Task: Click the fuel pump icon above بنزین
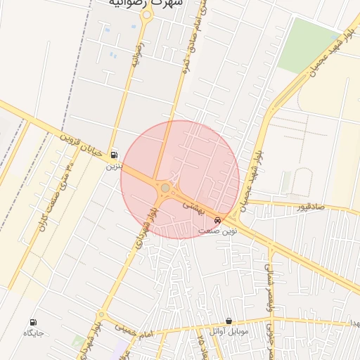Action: pyautogui.click(x=114, y=156)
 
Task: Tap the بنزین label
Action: pyautogui.click(x=114, y=167)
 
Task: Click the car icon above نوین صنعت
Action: pyautogui.click(x=217, y=220)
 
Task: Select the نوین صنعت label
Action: pyautogui.click(x=218, y=231)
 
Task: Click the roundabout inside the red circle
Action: pyautogui.click(x=165, y=188)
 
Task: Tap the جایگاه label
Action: pyautogui.click(x=33, y=333)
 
